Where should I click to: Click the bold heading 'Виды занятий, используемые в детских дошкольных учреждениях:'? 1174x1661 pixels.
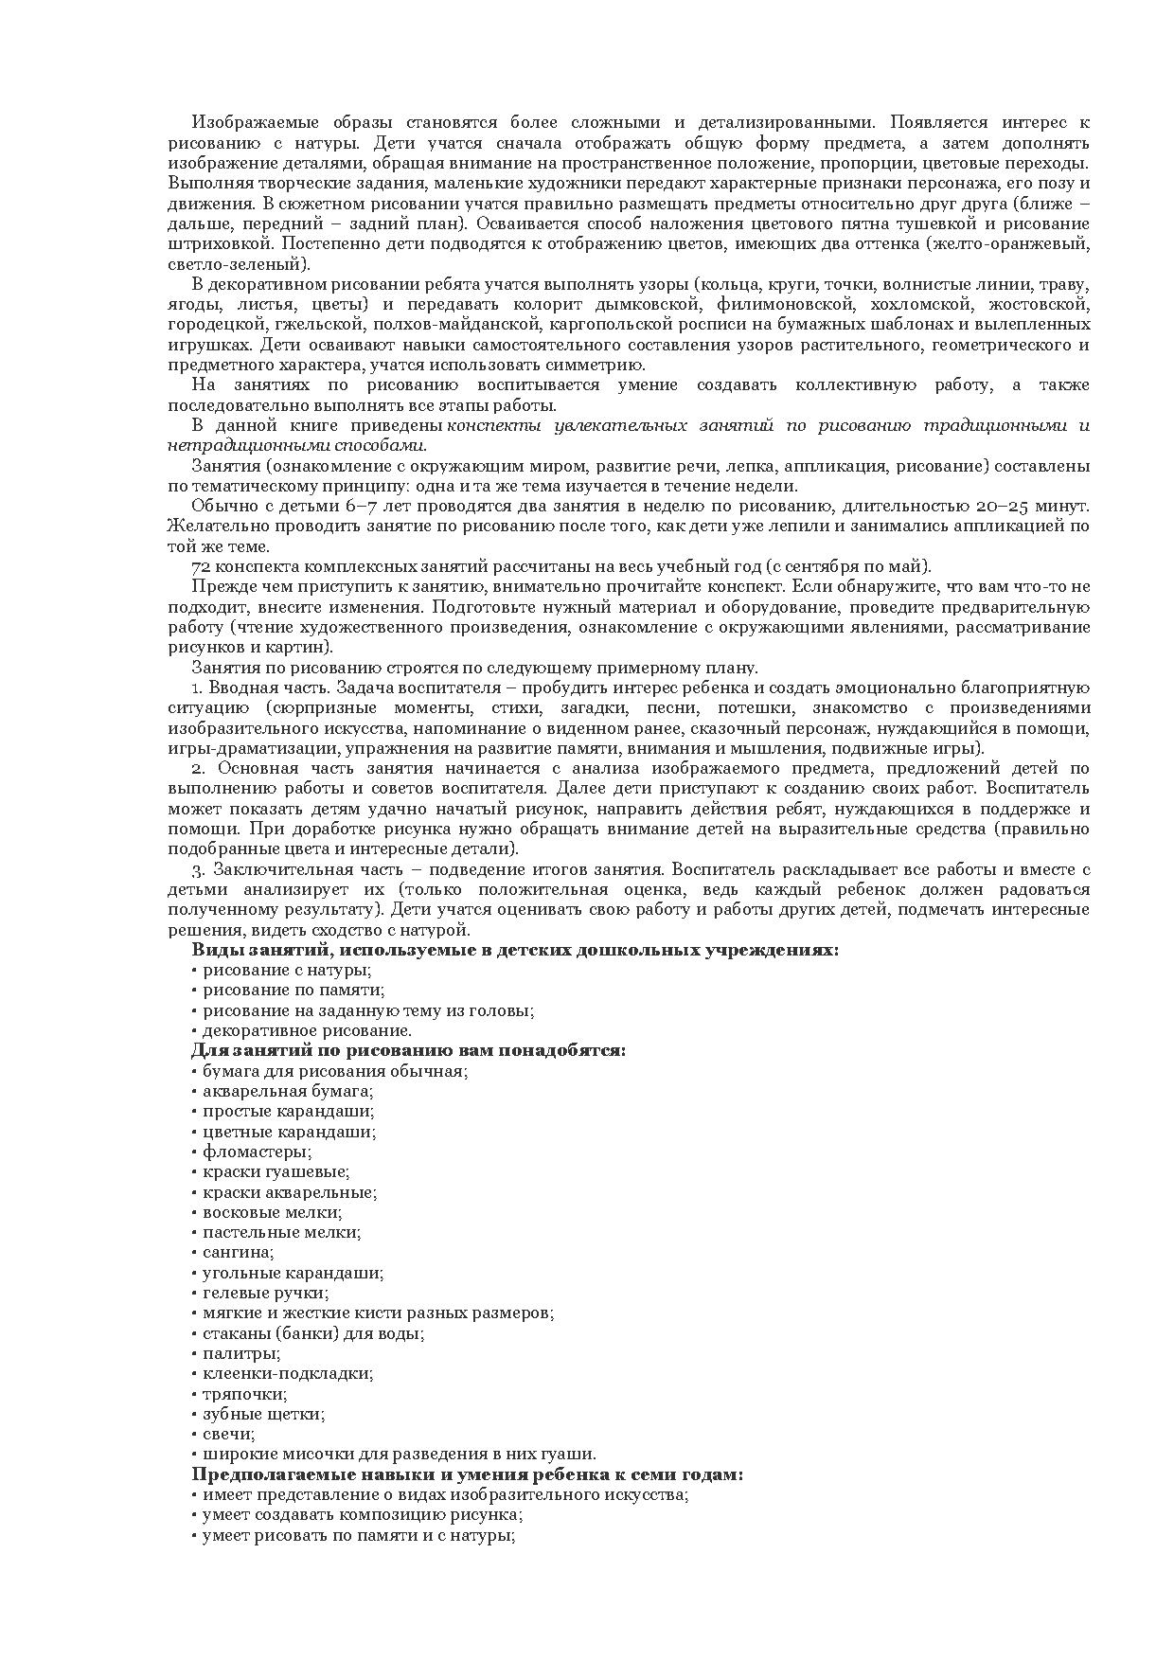(515, 950)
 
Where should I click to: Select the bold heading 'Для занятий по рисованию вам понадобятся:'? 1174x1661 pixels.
(408, 1050)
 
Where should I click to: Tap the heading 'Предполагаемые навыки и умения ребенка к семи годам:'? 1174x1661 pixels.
(467, 1474)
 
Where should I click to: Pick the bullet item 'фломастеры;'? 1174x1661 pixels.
(257, 1152)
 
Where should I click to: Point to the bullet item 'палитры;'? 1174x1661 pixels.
(241, 1353)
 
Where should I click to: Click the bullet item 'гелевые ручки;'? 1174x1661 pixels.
(265, 1293)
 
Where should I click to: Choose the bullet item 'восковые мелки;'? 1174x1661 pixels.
(272, 1212)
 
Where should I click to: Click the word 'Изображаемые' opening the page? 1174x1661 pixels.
(245, 122)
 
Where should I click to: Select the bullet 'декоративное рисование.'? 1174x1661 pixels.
(307, 1030)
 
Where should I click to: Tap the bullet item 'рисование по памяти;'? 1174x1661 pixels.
(293, 990)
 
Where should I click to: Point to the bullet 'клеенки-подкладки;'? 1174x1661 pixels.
(288, 1373)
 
